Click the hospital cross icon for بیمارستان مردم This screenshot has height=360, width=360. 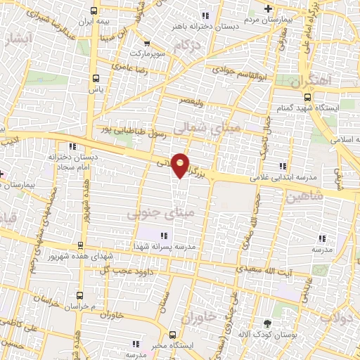[267, 8]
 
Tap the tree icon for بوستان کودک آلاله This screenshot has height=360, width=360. [266, 323]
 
